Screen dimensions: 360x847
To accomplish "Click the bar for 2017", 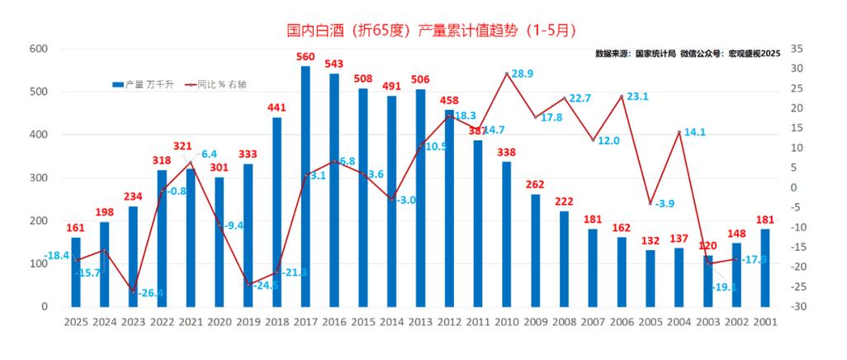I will click(305, 186).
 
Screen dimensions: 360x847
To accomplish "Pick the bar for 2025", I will click(76, 272).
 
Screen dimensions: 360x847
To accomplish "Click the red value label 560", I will click(305, 57).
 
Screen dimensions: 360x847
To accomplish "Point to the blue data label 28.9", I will click(523, 73).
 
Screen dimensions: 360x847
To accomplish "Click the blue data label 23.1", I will click(637, 96).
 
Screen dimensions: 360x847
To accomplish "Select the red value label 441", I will click(277, 107).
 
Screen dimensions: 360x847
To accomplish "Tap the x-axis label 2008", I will click(564, 323).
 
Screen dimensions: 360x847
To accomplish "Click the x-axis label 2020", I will click(219, 323).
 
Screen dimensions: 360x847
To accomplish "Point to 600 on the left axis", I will click(37, 49).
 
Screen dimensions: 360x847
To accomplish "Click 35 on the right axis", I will click(797, 49).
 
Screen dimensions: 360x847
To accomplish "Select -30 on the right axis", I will click(797, 307).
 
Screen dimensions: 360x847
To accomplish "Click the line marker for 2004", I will click(679, 132).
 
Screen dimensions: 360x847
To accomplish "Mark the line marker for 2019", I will click(248, 285).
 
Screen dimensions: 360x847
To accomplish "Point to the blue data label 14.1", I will click(694, 131).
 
